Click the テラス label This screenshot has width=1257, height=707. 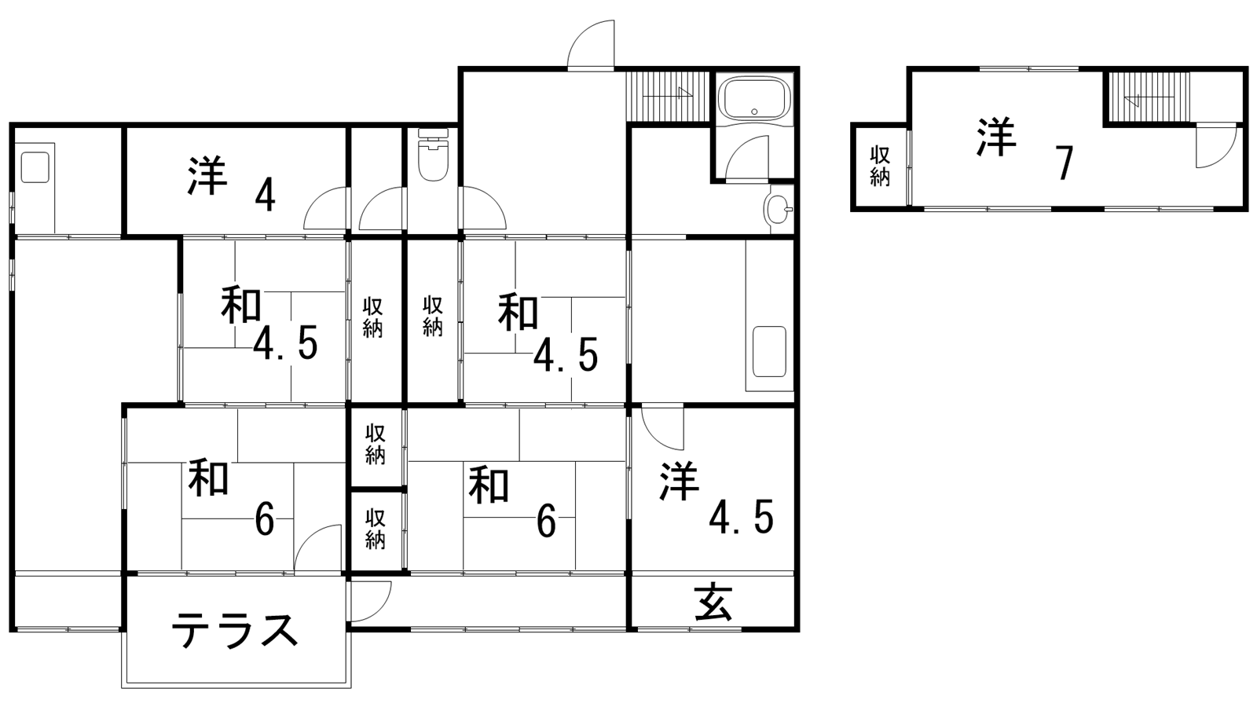(x=235, y=629)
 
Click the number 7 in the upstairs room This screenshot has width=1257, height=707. (x=1064, y=163)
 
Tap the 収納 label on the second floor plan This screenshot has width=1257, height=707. (x=879, y=166)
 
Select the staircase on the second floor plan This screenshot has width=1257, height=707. (x=1148, y=97)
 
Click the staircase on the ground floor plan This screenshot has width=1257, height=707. (x=669, y=97)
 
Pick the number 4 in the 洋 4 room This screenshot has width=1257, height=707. (x=265, y=196)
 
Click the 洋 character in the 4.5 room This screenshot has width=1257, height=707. (x=680, y=481)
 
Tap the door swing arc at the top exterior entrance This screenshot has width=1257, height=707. (x=591, y=44)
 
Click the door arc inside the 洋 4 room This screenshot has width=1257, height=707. (x=325, y=208)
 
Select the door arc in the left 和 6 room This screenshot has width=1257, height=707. (x=317, y=548)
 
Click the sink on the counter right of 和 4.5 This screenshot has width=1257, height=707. (x=769, y=352)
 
